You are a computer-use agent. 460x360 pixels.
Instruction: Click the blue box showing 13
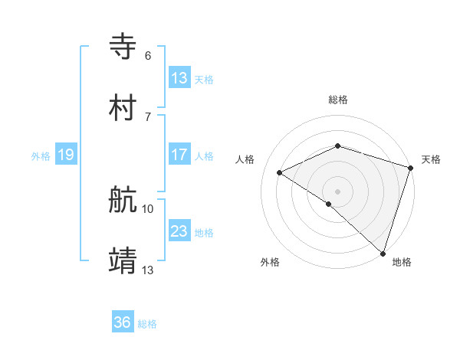[179, 78]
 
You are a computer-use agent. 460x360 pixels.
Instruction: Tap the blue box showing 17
[179, 155]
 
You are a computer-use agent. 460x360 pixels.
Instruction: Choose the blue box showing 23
[179, 231]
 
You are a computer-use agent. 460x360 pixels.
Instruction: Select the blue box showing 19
[66, 155]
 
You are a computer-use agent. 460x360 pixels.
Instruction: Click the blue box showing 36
[123, 322]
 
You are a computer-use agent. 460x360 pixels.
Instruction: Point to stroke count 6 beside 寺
[148, 55]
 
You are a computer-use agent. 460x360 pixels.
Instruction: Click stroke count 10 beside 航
[148, 208]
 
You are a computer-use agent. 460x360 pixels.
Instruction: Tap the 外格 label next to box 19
[41, 156]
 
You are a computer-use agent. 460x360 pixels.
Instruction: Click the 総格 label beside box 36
[147, 324]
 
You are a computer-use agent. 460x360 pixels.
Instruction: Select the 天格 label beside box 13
[204, 80]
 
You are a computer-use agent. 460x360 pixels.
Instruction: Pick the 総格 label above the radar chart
[338, 100]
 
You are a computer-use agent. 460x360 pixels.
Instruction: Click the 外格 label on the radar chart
[270, 262]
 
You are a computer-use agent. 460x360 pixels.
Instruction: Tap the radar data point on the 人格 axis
[280, 172]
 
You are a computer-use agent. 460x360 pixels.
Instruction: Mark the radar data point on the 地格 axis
[383, 253]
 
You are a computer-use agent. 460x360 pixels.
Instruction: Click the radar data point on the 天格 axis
[410, 167]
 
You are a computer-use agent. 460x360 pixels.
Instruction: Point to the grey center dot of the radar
[338, 191]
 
